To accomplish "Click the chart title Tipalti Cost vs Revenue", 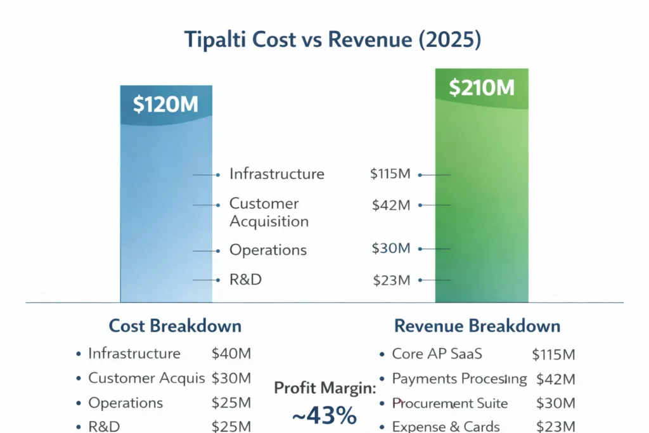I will (x=332, y=39).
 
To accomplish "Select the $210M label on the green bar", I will (x=482, y=88).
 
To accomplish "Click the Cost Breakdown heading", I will (x=175, y=326).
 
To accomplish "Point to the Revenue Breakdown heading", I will (x=477, y=326).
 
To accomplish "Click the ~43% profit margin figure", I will (x=324, y=416).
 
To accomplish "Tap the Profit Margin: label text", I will (x=324, y=388).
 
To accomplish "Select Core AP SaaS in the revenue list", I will (x=437, y=354).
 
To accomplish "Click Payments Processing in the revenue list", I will (x=459, y=379).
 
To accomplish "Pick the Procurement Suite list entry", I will (x=449, y=403).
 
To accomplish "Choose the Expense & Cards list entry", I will (x=446, y=427).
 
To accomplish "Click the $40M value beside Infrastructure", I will (x=231, y=354).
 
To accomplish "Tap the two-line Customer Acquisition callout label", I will (x=269, y=212).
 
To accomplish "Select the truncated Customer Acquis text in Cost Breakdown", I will (x=146, y=378).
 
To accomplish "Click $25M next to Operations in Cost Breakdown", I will (x=231, y=403).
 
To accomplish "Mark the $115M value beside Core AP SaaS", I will (x=553, y=354).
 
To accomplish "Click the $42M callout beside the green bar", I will (x=390, y=205).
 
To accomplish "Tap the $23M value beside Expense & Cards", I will (x=555, y=427).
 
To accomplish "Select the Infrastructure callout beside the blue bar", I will (x=276, y=174).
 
